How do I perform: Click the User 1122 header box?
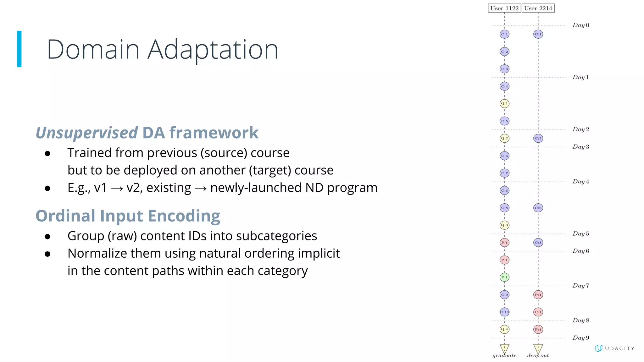[504, 8]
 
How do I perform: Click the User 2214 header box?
[538, 8]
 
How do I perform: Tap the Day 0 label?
[580, 25]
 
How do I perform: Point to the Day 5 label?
[580, 233]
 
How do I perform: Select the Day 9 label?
[580, 338]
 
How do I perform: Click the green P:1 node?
[504, 277]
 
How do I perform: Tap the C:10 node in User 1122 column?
[504, 312]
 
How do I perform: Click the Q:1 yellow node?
[504, 103]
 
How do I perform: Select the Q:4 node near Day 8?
[504, 329]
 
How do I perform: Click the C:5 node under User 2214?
[538, 138]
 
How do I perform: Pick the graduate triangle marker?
[504, 348]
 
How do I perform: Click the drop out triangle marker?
[538, 348]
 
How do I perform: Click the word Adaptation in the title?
[213, 50]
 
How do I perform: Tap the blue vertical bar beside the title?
[19, 49]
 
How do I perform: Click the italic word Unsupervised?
[86, 133]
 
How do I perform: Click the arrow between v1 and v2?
[117, 188]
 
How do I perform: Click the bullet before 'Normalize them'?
[47, 254]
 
